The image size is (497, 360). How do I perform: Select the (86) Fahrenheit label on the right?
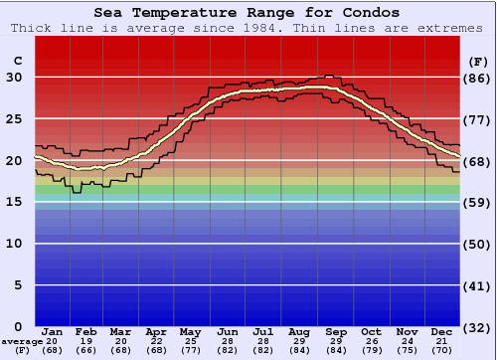point(478,78)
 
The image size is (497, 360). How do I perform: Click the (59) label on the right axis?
point(478,202)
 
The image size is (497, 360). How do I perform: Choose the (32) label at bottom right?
point(478,327)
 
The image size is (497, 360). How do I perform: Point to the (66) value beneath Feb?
point(85,350)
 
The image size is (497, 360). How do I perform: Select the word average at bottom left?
point(21,342)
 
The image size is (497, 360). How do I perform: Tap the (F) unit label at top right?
point(478,61)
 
